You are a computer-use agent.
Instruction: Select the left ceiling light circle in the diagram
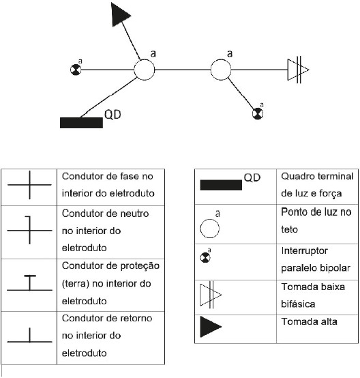pyautogui.click(x=145, y=69)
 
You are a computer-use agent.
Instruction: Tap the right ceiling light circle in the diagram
pyautogui.click(x=220, y=69)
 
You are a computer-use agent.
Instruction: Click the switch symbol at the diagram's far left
pyautogui.click(x=76, y=70)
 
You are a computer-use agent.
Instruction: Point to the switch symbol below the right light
pyautogui.click(x=259, y=112)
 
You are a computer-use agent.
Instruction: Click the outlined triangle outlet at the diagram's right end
pyautogui.click(x=297, y=69)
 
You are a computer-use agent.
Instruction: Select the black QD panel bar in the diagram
pyautogui.click(x=80, y=123)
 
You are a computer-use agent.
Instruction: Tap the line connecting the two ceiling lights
pyautogui.click(x=182, y=69)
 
